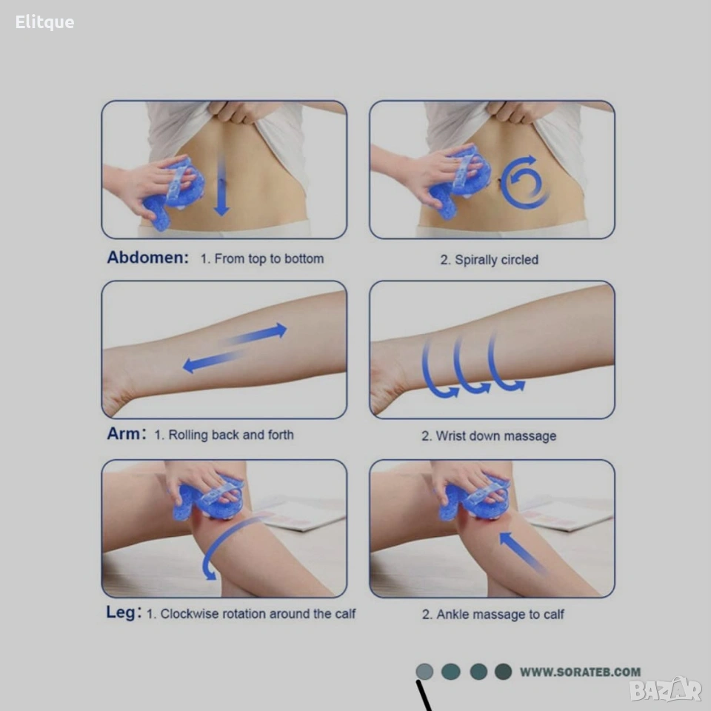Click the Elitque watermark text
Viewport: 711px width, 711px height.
pos(44,22)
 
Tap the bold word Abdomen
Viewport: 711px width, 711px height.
pos(147,257)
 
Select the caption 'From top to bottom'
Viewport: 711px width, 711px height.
pos(270,258)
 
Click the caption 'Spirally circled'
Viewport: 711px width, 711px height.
pos(496,260)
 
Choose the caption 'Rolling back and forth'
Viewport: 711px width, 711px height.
pos(231,435)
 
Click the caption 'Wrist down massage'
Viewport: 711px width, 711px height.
pos(496,436)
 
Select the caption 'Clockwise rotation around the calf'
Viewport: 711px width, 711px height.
pos(258,613)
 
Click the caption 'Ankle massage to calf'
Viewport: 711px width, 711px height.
pos(500,615)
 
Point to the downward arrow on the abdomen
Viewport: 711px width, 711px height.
pos(221,184)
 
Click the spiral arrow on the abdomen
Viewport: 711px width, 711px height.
pos(524,182)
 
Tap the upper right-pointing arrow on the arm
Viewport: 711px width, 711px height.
pos(255,335)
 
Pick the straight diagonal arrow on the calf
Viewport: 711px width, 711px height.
pos(522,553)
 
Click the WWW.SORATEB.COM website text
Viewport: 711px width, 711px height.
pos(580,672)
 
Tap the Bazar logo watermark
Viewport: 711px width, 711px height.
pos(665,690)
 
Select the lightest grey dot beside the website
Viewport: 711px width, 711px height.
pos(424,672)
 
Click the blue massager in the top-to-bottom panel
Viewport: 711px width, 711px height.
pos(173,193)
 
